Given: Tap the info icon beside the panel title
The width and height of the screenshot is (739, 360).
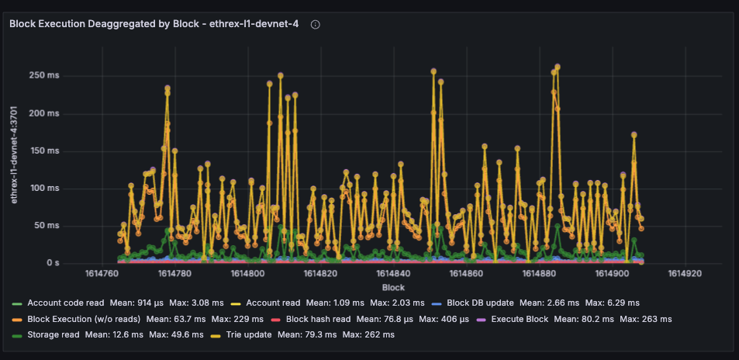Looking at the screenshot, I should click(316, 25).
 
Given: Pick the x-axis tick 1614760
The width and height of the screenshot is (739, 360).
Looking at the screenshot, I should click(102, 274).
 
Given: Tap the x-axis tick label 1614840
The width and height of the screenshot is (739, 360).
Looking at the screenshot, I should click(394, 274).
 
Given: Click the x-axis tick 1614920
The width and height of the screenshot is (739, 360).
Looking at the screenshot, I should click(685, 274).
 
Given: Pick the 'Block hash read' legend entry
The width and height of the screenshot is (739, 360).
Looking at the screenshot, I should click(318, 319).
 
